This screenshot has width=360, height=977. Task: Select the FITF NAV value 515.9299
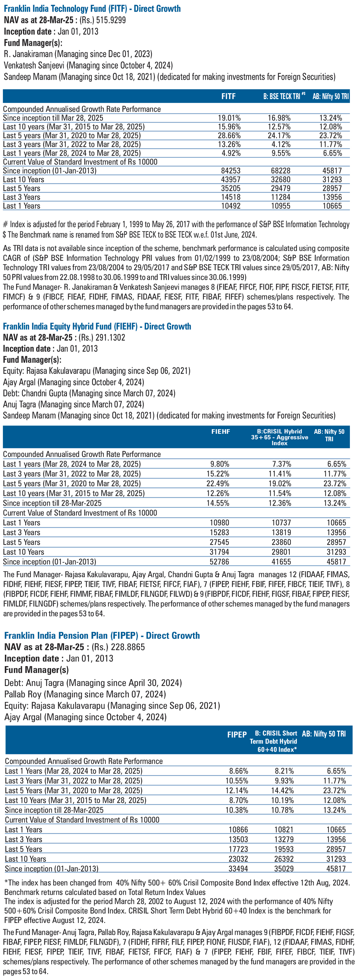(111, 20)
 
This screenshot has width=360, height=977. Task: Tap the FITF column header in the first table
(228, 96)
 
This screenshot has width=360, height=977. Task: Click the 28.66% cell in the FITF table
(229, 135)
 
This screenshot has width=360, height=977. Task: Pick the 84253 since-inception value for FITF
(231, 171)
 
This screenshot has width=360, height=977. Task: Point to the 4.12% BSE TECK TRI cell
(280, 144)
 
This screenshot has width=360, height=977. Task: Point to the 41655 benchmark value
(281, 562)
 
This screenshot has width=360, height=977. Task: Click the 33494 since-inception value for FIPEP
(238, 868)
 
